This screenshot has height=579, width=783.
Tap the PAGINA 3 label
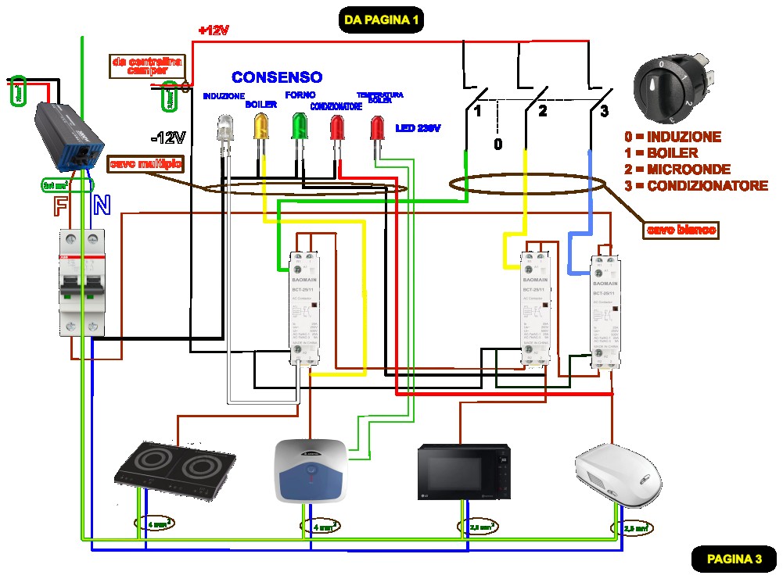pos(734,559)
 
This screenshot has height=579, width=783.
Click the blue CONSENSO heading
pos(277,77)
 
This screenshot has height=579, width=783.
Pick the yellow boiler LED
pos(261,127)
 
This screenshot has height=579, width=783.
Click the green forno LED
pos(299,127)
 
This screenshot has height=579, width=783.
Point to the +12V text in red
pos(214,30)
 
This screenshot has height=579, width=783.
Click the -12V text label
pos(168,138)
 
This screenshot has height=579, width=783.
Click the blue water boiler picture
pos(311,470)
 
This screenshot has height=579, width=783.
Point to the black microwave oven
pos(463,471)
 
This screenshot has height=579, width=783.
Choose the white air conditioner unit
pos(618,474)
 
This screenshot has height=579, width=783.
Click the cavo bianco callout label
pos(681,230)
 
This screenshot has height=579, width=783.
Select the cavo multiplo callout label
pos(147,164)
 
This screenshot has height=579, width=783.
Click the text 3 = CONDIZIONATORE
pos(696,186)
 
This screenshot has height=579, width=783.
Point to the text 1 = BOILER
pos(662,153)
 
